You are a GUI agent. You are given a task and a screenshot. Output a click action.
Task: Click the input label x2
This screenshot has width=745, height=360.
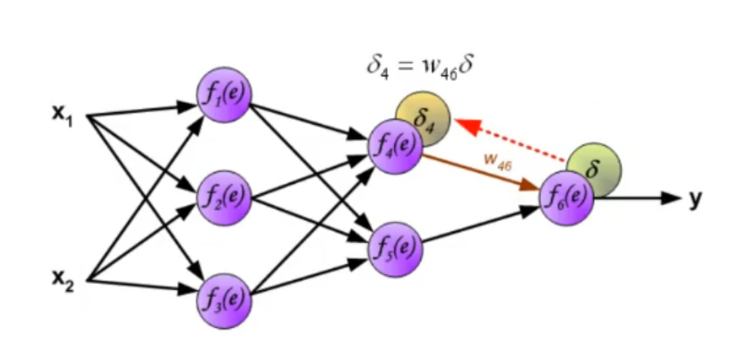pos(61,280)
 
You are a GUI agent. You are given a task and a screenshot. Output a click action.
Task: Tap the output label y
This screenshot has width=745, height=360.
pos(695,199)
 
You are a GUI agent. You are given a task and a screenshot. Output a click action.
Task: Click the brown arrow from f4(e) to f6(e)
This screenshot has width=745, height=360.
pos(480,171)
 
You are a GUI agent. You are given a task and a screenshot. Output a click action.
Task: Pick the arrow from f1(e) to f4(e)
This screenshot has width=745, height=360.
pos(311,120)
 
